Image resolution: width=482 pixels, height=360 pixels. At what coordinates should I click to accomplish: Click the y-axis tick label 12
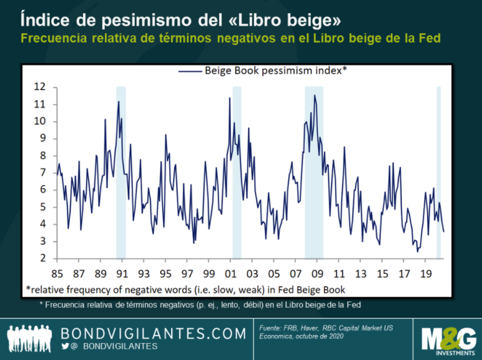click(39, 87)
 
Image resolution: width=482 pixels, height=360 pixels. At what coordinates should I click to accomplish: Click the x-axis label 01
click(230, 274)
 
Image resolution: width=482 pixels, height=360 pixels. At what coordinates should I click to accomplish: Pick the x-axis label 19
click(426, 274)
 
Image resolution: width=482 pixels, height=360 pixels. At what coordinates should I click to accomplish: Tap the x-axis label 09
click(318, 274)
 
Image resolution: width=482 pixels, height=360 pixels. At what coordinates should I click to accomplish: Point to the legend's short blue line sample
click(190, 71)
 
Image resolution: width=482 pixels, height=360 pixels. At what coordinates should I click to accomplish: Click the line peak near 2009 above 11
click(315, 95)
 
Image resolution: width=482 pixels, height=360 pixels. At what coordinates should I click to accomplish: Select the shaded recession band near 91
click(121, 172)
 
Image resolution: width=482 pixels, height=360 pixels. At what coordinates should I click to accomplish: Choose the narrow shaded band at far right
click(438, 172)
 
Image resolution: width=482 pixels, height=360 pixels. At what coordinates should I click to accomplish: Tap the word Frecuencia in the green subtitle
click(51, 38)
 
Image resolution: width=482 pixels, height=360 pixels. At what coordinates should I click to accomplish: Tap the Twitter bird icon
click(66, 346)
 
